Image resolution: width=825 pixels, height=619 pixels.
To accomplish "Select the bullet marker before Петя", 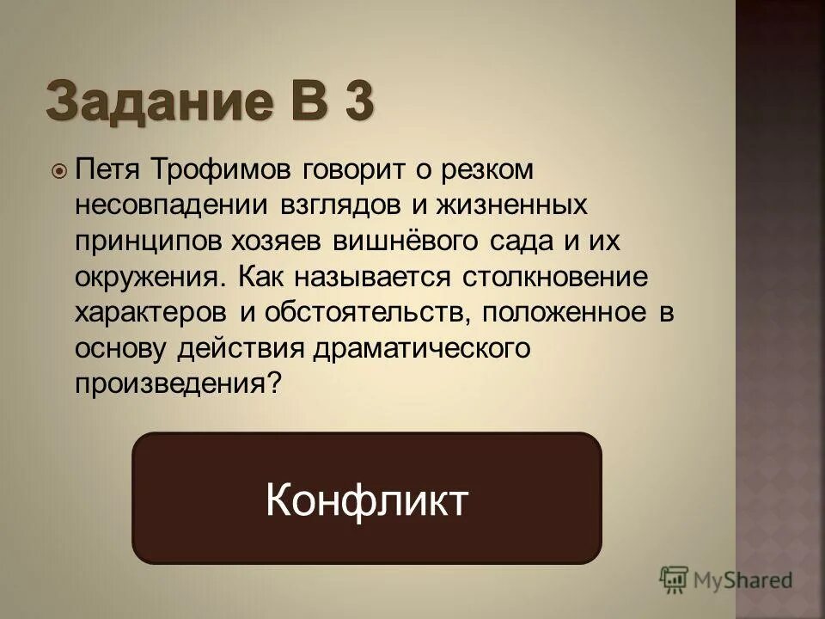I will (x=59, y=171).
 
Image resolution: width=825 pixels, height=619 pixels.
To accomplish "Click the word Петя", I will (x=110, y=170).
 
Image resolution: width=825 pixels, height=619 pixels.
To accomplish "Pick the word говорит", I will (x=351, y=170).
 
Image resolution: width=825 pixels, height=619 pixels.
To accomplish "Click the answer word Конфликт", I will (x=367, y=499).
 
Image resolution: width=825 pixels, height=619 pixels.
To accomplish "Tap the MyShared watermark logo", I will (x=726, y=579).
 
